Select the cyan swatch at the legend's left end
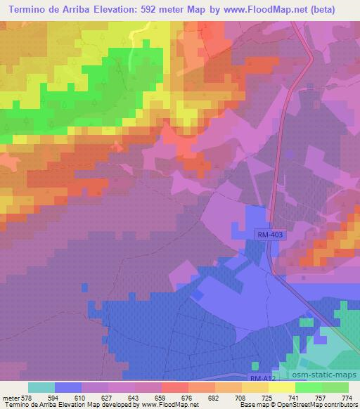click(41, 387)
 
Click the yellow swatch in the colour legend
click(282, 387)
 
